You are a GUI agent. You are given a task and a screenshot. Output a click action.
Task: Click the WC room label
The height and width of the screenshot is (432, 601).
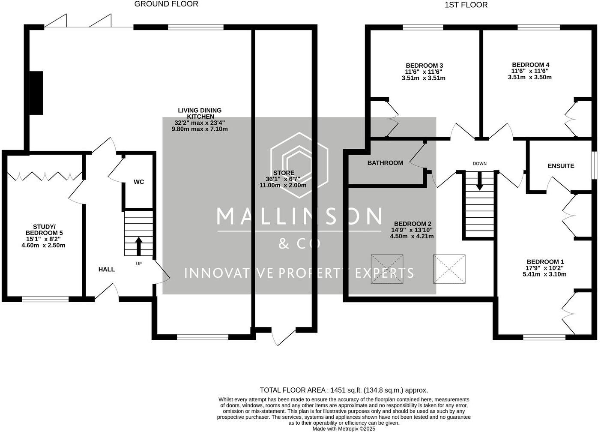tap(139, 182)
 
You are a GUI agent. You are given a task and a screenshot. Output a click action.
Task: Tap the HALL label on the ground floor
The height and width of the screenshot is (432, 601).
tap(107, 269)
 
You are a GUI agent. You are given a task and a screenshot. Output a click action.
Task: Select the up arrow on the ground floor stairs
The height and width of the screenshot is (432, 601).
tap(139, 246)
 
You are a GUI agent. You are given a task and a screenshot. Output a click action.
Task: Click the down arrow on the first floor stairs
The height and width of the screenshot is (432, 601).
tap(480, 181)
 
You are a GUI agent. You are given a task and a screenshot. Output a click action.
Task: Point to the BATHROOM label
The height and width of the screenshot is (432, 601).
tap(385, 163)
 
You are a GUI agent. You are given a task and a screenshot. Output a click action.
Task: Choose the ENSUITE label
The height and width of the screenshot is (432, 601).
tap(561, 166)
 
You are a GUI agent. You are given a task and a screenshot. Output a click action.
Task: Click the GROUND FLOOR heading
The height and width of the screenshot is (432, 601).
tap(166, 4)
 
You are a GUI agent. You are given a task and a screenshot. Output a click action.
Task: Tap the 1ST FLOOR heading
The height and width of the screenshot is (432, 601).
tap(466, 5)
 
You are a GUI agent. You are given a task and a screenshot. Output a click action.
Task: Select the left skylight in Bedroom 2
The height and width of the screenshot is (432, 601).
tap(387, 269)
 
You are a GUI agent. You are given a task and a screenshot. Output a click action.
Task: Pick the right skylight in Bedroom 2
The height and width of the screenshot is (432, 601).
tap(449, 269)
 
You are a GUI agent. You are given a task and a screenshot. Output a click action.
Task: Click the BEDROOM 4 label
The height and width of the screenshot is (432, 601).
tap(530, 65)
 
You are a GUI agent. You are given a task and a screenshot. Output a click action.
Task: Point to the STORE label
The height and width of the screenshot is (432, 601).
tap(284, 173)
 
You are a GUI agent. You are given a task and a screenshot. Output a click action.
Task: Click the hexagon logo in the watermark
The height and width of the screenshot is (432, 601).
tap(299, 165)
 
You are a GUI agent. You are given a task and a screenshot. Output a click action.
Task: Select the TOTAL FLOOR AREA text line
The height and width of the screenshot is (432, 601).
tap(344, 390)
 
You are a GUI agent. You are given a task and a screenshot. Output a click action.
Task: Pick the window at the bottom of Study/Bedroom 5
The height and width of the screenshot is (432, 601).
tap(45, 299)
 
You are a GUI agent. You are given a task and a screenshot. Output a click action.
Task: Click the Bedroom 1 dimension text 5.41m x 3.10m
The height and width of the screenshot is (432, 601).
tap(544, 274)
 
